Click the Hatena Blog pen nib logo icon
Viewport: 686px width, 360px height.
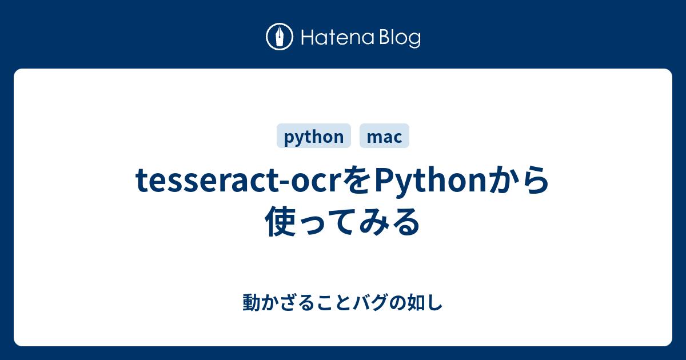[x=280, y=37]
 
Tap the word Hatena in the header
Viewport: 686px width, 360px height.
[x=338, y=38]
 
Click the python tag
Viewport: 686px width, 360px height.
[x=314, y=136]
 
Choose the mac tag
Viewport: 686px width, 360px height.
[x=384, y=136]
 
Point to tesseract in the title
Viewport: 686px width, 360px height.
[x=206, y=180]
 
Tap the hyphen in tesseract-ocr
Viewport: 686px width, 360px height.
[x=284, y=183]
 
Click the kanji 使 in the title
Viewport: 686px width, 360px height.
[x=280, y=221]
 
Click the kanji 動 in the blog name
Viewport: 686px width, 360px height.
[x=252, y=302]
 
